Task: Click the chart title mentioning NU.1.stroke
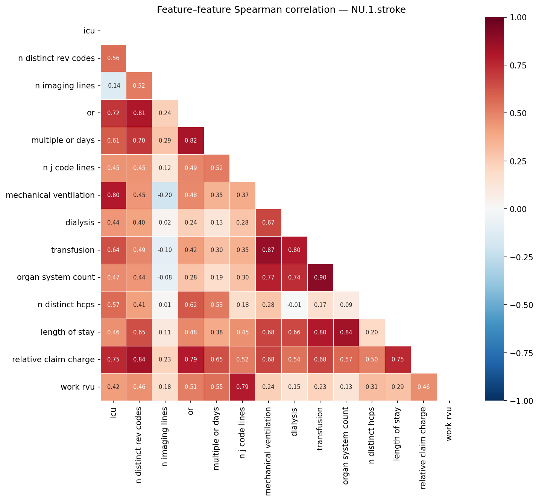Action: (x=281, y=10)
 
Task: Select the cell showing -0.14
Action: (x=113, y=86)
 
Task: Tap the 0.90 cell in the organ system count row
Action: (x=320, y=278)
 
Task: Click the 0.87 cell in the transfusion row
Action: (x=268, y=250)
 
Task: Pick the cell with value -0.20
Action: (x=165, y=195)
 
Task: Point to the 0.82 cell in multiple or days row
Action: (x=191, y=141)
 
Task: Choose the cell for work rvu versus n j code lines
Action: (x=242, y=387)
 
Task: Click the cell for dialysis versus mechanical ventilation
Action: (x=268, y=223)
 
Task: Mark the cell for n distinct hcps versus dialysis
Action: (x=294, y=305)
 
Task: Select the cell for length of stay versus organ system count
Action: (x=346, y=332)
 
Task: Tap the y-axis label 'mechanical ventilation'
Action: (x=50, y=195)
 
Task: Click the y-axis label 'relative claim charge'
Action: (x=53, y=360)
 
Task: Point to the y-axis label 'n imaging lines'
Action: (x=65, y=86)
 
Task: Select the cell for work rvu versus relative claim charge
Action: (x=424, y=387)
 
